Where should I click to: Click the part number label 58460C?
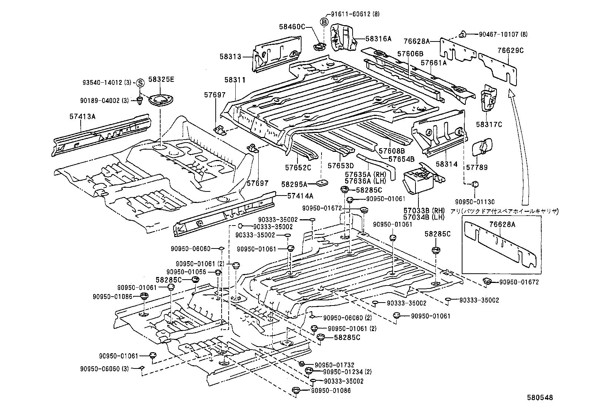(x=292, y=27)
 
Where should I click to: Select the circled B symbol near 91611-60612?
(x=324, y=22)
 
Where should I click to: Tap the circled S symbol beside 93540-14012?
(x=140, y=83)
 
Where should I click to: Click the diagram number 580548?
(x=540, y=397)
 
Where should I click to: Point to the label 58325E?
(x=161, y=79)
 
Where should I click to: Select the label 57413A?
(x=82, y=116)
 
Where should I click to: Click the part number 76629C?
(x=511, y=50)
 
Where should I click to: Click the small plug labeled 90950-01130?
(x=475, y=184)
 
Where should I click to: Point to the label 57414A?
(x=300, y=196)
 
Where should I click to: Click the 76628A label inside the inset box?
(x=502, y=224)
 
